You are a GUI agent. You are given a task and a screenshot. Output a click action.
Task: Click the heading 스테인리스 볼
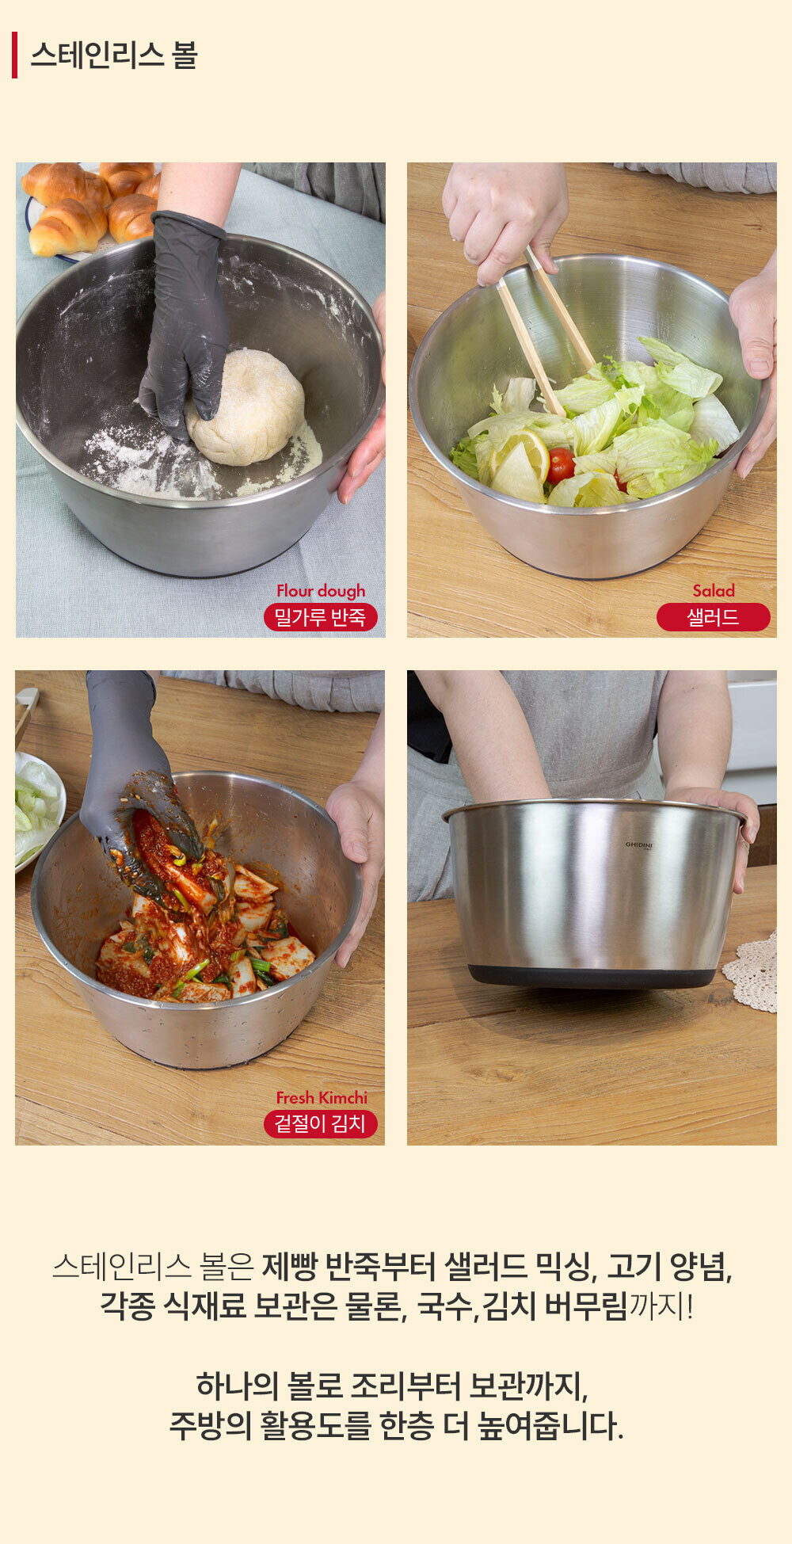tap(113, 55)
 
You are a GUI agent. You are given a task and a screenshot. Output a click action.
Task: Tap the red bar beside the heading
tap(14, 55)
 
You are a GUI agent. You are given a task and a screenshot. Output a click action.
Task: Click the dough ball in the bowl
tap(246, 407)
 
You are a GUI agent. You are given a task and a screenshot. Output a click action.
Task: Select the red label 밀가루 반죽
tap(320, 617)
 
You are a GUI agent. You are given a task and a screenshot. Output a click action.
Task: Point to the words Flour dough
tap(321, 591)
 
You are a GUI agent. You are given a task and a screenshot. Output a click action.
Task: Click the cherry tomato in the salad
tap(561, 464)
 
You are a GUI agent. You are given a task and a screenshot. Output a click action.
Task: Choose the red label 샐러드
tap(713, 617)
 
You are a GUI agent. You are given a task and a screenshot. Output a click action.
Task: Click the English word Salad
tap(714, 591)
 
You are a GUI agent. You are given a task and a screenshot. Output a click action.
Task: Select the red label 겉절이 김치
tap(320, 1123)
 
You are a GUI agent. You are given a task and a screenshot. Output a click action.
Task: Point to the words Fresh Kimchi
tap(322, 1097)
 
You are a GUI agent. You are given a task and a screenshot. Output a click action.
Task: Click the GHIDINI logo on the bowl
tap(639, 845)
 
